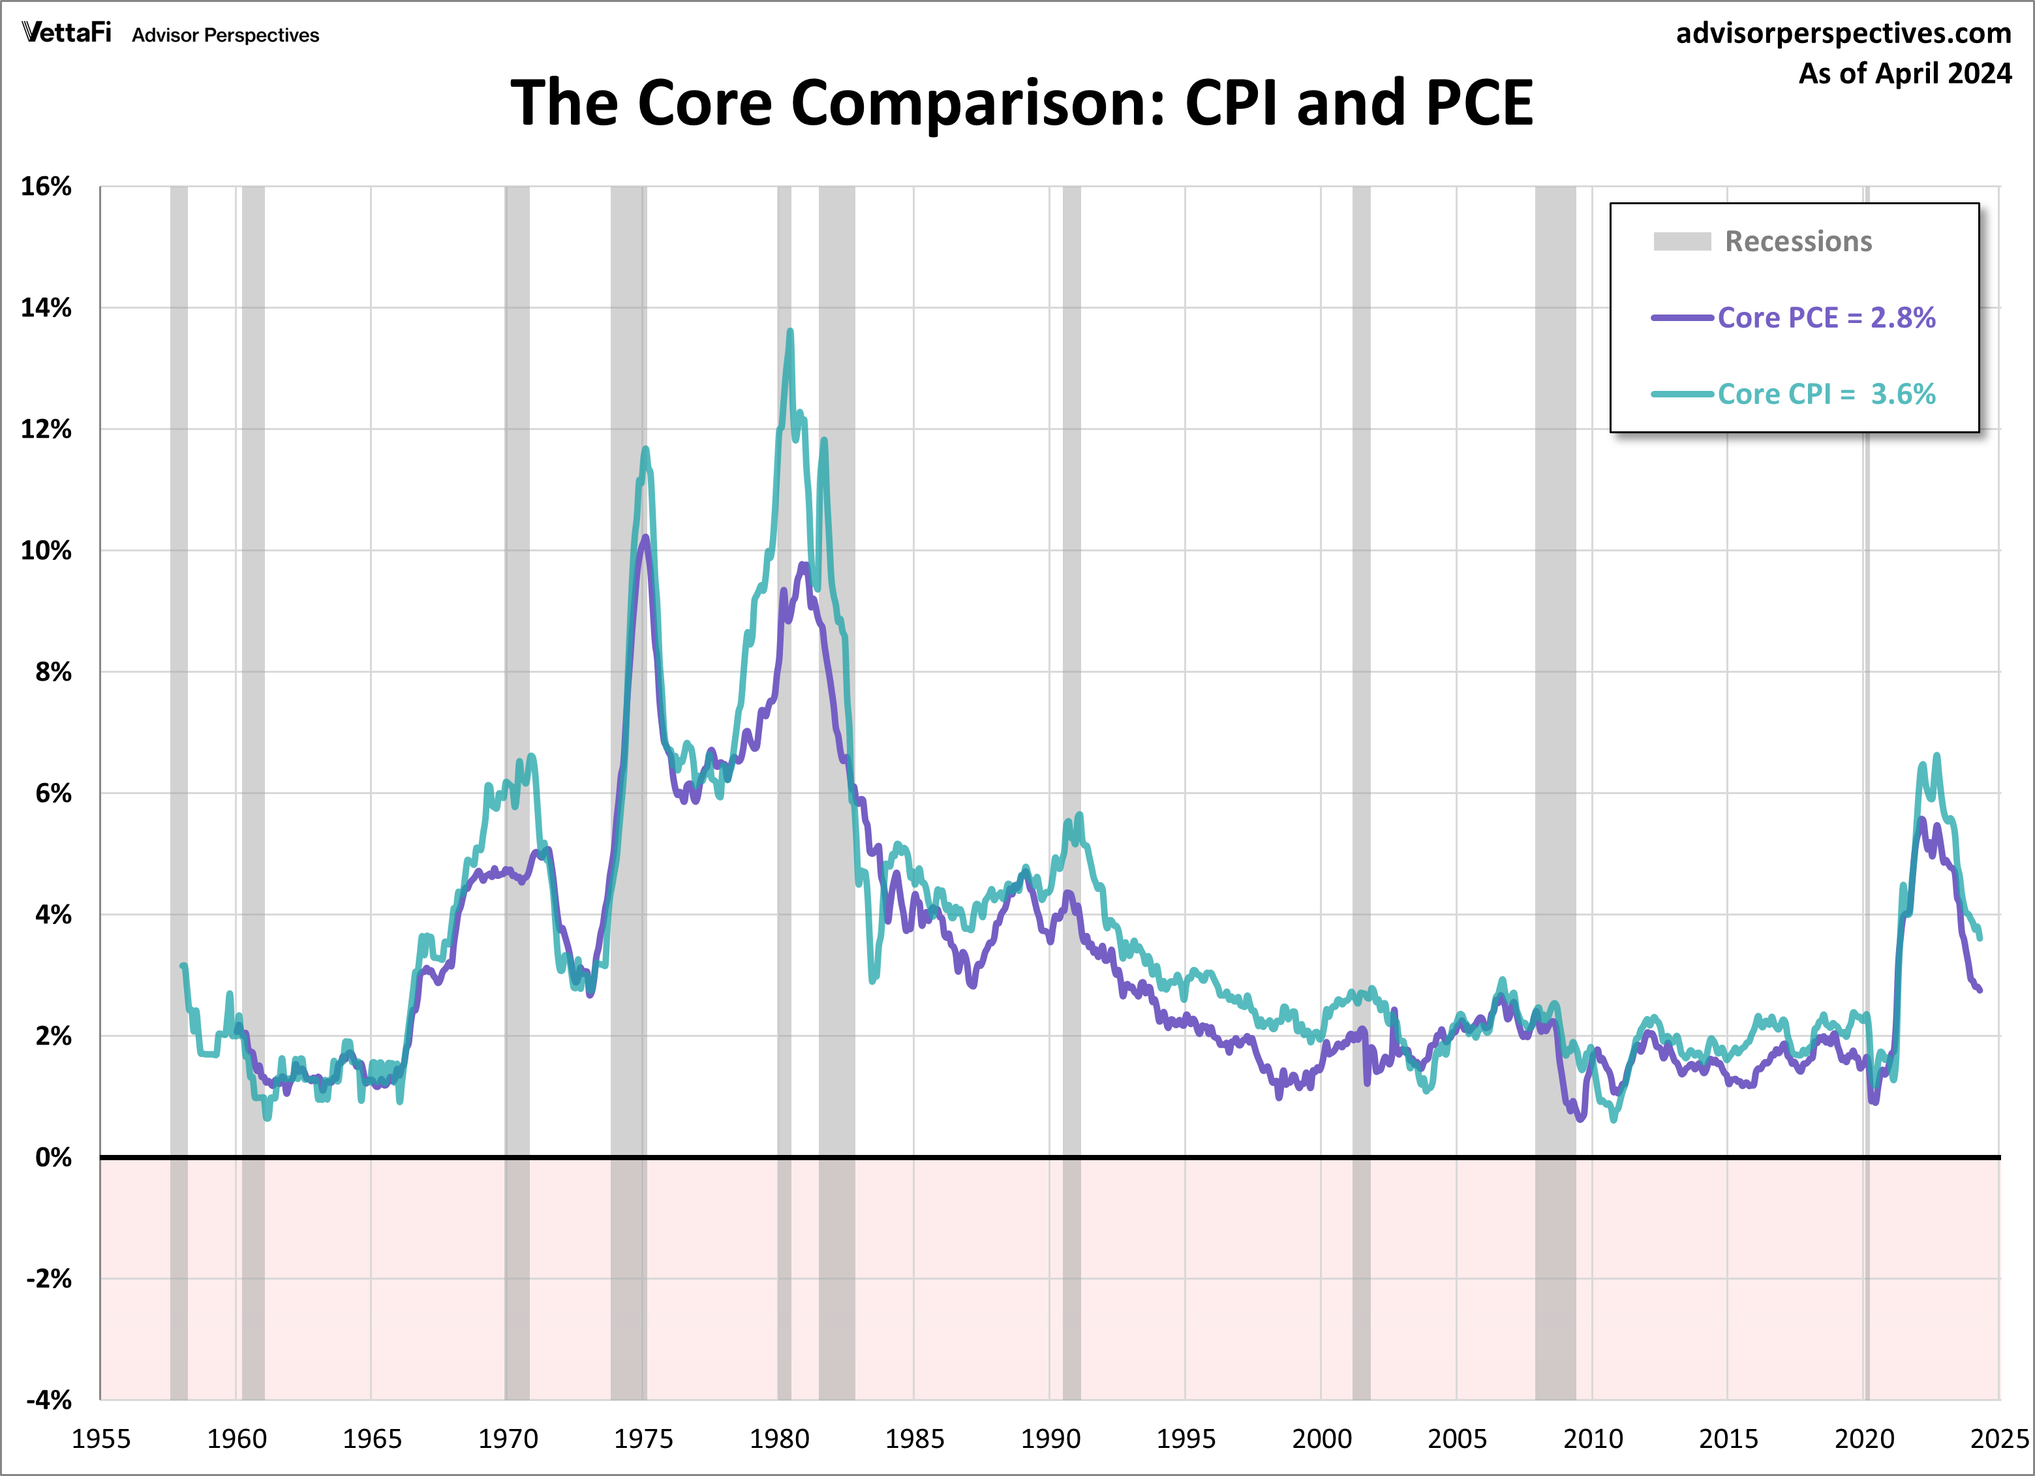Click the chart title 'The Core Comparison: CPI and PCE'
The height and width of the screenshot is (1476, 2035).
1021,102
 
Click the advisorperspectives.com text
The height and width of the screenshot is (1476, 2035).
1843,33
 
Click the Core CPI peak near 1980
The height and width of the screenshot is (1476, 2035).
789,332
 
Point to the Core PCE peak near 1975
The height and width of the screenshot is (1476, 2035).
645,538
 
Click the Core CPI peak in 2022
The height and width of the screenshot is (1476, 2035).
1936,756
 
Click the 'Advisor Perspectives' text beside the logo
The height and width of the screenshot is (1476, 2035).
225,35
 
